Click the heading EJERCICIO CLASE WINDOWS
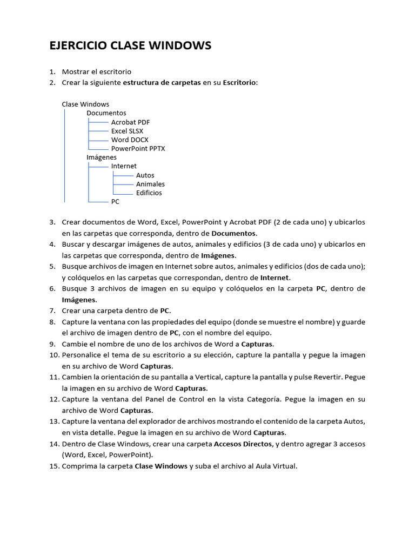pos(130,46)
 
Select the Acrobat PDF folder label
pos(130,122)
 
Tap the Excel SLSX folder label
pos(127,131)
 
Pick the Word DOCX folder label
pos(130,140)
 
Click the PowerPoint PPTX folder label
pos(138,148)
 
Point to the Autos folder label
pos(145,175)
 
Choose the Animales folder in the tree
pos(150,184)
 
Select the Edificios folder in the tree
pos(149,193)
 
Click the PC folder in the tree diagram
pos(115,201)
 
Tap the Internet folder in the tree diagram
pos(124,166)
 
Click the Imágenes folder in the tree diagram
pos(102,157)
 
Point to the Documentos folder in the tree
pos(106,113)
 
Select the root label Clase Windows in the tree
pos(85,104)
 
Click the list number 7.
pos(52,311)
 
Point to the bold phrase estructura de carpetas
pos(162,82)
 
